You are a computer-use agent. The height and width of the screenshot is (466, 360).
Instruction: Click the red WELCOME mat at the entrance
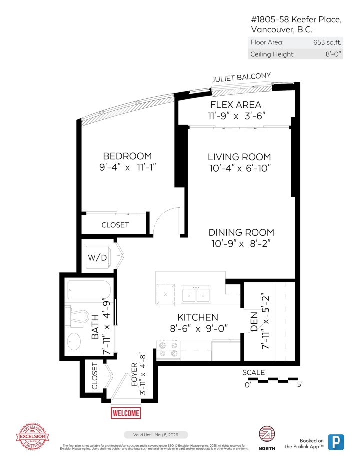tap(126, 413)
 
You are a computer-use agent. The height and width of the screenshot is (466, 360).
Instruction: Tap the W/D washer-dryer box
tap(98, 258)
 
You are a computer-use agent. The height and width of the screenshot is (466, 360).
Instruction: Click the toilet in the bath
tap(79, 317)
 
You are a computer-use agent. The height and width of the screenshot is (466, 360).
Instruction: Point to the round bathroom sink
tap(74, 342)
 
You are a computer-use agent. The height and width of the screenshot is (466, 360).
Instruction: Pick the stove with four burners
tap(168, 349)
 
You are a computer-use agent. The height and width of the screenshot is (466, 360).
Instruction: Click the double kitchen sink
tap(195, 295)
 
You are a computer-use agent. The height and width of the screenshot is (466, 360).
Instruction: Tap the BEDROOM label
tap(127, 156)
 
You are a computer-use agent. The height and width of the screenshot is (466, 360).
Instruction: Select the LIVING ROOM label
tap(239, 157)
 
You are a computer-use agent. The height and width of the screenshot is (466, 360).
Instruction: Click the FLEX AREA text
tap(236, 105)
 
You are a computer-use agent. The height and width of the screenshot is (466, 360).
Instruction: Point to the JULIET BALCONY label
tap(241, 78)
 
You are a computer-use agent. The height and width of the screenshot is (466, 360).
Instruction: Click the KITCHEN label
tap(198, 317)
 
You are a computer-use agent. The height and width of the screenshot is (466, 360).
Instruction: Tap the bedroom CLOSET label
tap(115, 225)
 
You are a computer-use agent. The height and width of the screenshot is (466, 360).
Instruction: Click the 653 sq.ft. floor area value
tap(327, 42)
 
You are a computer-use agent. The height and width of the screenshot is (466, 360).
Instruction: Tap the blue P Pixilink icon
tap(336, 442)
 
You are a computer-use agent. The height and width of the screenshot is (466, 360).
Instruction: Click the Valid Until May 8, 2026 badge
tap(156, 435)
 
